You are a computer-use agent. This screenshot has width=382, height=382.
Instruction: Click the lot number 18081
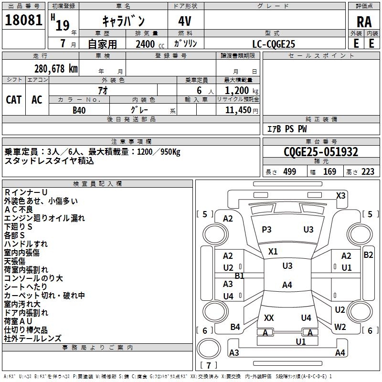[23, 20]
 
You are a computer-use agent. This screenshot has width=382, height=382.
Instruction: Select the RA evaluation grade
[364, 22]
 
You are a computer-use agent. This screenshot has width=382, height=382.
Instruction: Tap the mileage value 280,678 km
[56, 69]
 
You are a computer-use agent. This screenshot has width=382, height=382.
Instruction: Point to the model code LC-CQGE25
[274, 44]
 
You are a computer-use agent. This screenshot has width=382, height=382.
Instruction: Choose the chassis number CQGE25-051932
[321, 152]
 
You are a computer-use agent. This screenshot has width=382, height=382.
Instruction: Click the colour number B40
[79, 110]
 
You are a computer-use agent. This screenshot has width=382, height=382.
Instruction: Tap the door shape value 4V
[185, 21]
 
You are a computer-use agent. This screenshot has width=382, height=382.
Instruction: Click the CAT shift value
[14, 100]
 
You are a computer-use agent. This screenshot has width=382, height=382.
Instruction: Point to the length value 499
[290, 172]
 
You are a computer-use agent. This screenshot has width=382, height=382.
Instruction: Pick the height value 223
[368, 172]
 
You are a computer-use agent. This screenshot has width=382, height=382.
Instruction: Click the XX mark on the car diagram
[269, 318]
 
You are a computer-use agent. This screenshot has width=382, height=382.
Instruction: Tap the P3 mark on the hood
[266, 230]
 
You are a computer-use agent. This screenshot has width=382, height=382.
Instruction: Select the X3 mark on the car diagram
[340, 196]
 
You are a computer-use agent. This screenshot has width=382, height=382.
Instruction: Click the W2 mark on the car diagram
[340, 327]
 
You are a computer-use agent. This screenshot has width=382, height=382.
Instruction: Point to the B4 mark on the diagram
[235, 327]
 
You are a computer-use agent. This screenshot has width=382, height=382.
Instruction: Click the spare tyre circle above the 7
[209, 349]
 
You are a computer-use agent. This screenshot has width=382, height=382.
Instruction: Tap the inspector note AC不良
[19, 210]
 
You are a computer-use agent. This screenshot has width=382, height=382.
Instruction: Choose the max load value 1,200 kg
[242, 91]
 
